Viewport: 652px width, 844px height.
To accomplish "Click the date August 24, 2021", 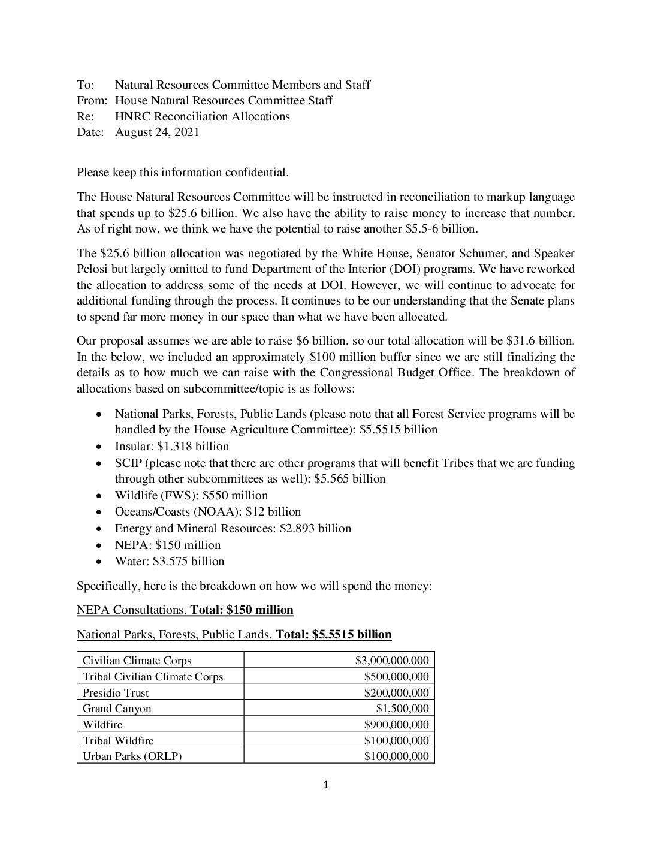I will point(157,132).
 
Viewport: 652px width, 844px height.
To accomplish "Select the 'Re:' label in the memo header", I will point(86,116).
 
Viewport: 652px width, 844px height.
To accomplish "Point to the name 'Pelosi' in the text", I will point(95,269).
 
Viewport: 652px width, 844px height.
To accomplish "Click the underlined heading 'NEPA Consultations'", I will point(131,610).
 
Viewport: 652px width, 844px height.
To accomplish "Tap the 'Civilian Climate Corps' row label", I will point(137,661).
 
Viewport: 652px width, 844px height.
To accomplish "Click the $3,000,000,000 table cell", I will point(392,661).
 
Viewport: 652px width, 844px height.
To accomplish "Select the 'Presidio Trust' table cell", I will point(116,692).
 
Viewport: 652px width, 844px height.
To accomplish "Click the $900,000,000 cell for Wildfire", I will point(396,724).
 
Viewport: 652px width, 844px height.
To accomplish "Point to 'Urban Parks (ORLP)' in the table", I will point(132,756).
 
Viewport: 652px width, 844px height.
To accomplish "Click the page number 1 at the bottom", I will point(326,785).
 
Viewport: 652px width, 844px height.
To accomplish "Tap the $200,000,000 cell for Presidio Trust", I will point(396,692).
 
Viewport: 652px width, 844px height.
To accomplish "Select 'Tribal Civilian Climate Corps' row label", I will point(153,677).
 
